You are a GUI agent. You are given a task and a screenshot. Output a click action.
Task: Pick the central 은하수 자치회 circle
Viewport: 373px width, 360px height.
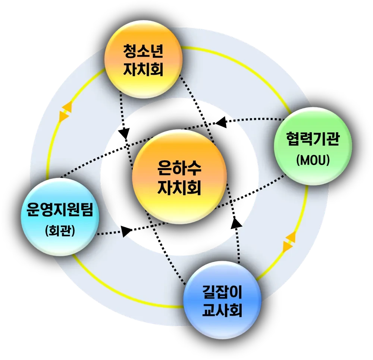[179, 177]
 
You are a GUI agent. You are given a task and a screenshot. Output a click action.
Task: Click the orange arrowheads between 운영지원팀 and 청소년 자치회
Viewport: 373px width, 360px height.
[65, 111]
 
